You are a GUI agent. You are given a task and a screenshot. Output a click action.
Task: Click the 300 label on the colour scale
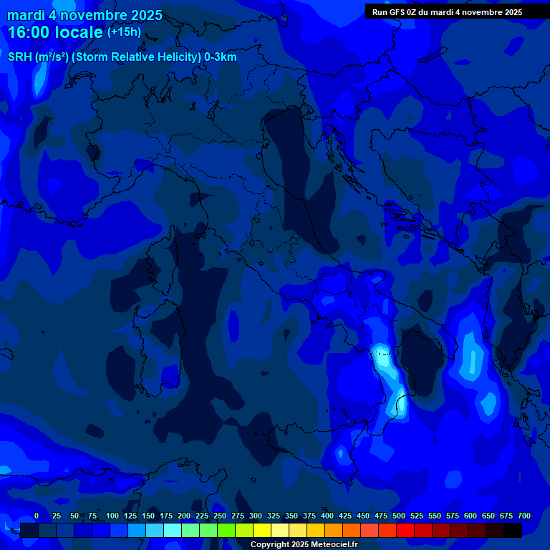click(256, 516)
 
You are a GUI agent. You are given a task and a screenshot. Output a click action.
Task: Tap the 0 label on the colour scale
click(37, 516)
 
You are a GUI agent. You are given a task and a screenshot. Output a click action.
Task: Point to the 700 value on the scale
click(524, 516)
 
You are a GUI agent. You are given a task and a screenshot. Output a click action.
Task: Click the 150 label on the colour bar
click(148, 516)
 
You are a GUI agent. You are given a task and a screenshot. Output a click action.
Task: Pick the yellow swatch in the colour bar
click(262, 530)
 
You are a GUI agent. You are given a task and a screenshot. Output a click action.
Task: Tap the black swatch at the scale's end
click(513, 530)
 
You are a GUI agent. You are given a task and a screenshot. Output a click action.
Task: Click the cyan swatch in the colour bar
click(173, 530)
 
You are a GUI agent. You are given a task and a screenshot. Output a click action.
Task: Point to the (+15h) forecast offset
click(124, 32)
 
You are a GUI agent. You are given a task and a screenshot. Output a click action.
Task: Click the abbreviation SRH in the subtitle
click(19, 57)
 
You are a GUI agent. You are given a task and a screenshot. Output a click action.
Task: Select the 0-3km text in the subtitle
click(220, 57)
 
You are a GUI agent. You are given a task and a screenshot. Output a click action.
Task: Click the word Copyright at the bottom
click(271, 545)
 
